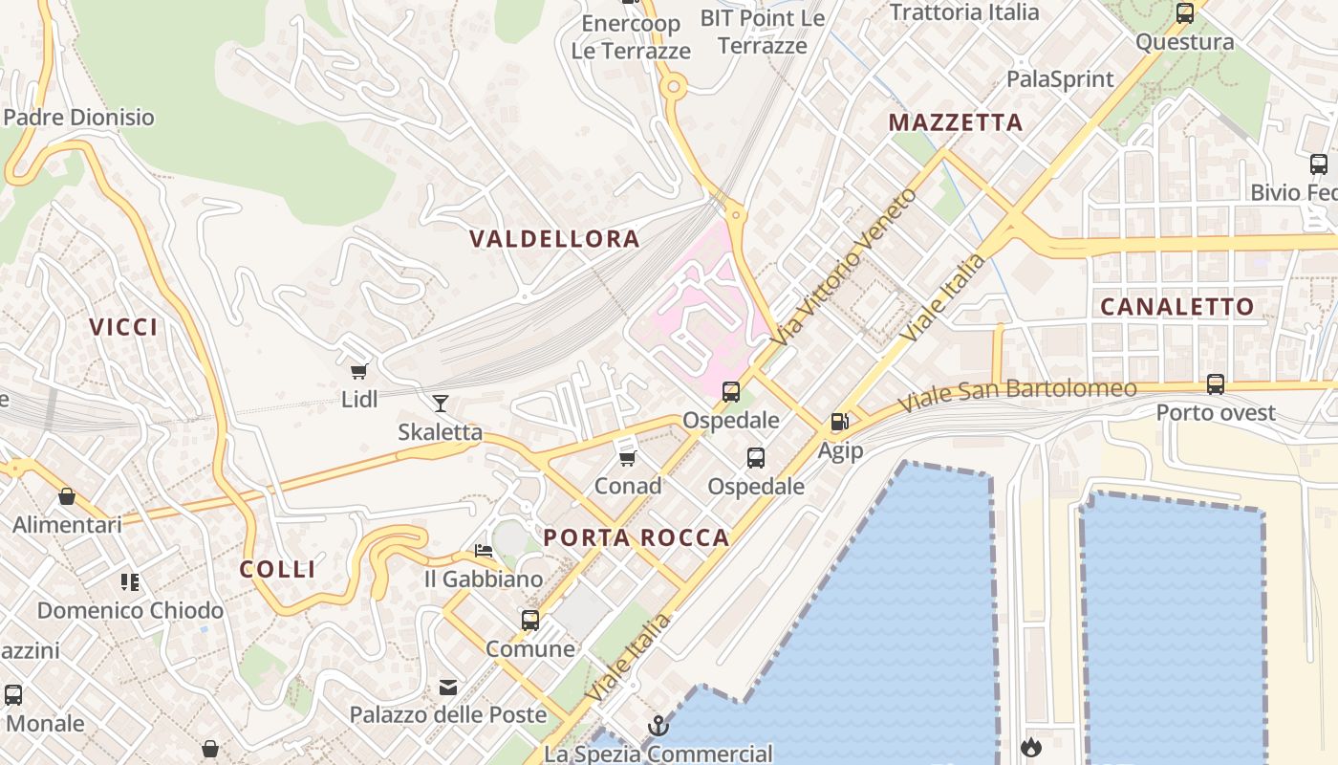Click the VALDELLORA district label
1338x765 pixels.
click(x=554, y=239)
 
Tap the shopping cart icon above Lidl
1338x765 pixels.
click(x=359, y=371)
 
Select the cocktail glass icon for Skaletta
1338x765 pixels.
click(x=440, y=403)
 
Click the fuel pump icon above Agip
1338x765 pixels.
click(x=839, y=421)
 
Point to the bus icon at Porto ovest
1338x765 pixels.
click(x=1216, y=384)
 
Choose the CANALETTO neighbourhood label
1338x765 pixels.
click(x=1177, y=307)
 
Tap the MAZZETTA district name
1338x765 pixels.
click(x=956, y=122)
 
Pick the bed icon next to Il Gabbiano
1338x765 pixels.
click(x=484, y=551)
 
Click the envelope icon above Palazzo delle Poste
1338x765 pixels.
click(x=447, y=687)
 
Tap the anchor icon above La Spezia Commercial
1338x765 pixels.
click(x=658, y=726)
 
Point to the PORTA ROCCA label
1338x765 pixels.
click(x=637, y=538)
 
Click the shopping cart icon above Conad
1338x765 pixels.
click(x=628, y=458)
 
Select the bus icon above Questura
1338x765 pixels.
click(x=1185, y=13)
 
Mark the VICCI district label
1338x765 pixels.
click(x=124, y=327)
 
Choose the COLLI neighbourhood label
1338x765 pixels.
click(x=277, y=570)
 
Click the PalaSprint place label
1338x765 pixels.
click(x=1061, y=79)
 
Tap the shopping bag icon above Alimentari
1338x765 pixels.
click(x=67, y=496)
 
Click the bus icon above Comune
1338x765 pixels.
click(x=530, y=621)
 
